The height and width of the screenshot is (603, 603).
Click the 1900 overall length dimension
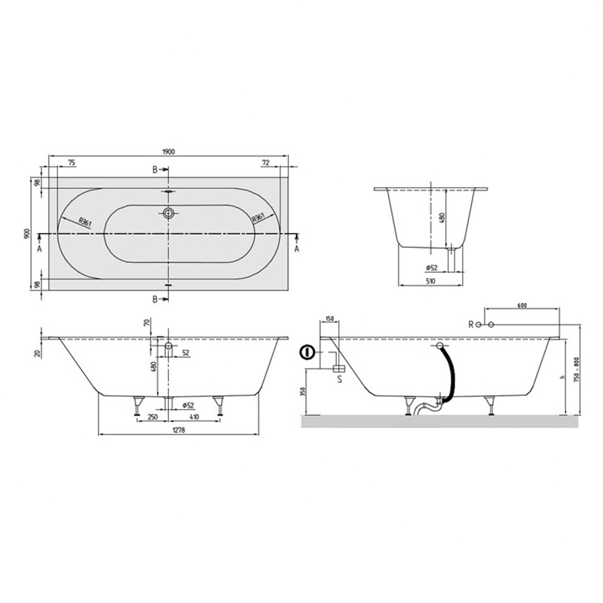[x=169, y=152]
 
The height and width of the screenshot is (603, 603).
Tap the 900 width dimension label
[x=26, y=234]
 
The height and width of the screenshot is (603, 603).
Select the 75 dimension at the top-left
[x=72, y=163]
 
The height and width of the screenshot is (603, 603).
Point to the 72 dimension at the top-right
[x=265, y=163]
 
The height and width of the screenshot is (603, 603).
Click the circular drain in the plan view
[x=168, y=213]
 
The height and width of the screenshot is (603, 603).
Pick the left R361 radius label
[x=84, y=221]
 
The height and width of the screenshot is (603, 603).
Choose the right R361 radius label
[x=258, y=218]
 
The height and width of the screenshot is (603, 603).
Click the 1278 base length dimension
[x=179, y=430]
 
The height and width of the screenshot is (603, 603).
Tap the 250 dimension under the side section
[x=153, y=417]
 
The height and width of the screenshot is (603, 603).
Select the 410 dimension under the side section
[x=194, y=417]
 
